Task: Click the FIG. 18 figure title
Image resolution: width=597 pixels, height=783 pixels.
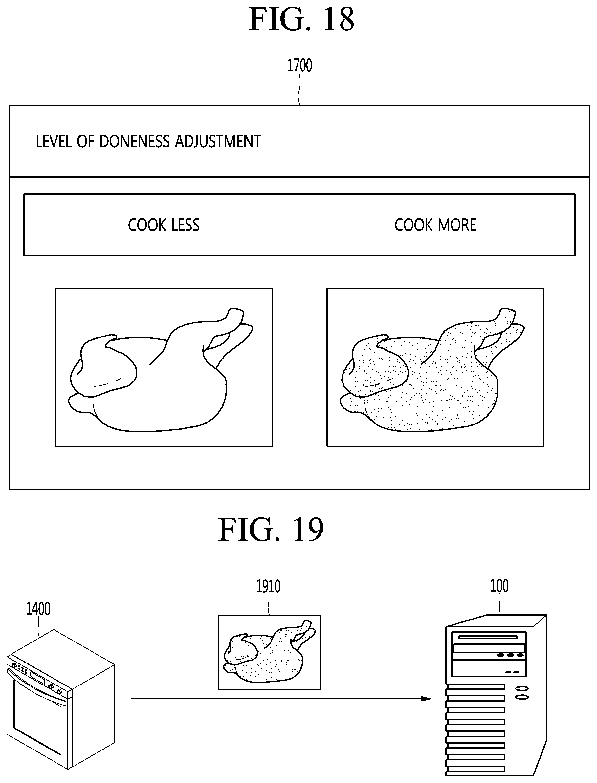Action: [301, 20]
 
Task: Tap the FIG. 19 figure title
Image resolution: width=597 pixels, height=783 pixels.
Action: [271, 530]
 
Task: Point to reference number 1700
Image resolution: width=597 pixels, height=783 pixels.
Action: [299, 66]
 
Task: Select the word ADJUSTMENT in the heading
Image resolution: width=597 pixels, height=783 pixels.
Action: [218, 141]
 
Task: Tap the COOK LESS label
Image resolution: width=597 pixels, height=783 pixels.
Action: [164, 225]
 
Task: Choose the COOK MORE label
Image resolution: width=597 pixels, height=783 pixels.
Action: [435, 225]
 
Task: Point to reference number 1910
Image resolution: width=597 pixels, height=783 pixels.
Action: [268, 586]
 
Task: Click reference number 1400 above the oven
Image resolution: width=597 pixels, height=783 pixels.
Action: [38, 609]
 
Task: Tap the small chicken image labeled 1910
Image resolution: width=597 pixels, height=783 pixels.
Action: [269, 652]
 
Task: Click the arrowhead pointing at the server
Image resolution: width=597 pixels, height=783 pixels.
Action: [427, 698]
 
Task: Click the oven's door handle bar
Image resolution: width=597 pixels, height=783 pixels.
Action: [37, 680]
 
